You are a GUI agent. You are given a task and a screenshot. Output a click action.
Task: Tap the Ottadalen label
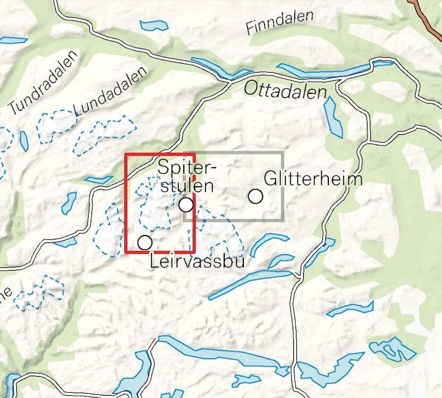pyautogui.click(x=285, y=91)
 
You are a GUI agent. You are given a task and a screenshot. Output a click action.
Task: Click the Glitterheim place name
pyautogui.click(x=313, y=178)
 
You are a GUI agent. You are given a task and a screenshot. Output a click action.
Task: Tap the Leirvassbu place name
pyautogui.click(x=197, y=261)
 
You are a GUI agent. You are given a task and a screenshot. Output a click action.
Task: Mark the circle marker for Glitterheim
pyautogui.click(x=256, y=196)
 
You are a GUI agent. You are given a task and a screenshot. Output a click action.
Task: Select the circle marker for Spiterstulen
pyautogui.click(x=185, y=204)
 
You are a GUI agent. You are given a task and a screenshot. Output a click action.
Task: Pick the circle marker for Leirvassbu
pyautogui.click(x=144, y=243)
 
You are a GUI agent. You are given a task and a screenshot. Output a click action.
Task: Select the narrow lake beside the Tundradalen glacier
pyautogui.click(x=24, y=141)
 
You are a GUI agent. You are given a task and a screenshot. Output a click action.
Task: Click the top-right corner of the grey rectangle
pyautogui.click(x=282, y=153)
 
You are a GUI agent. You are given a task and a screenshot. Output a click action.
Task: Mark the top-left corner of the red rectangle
pyautogui.click(x=125, y=154)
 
